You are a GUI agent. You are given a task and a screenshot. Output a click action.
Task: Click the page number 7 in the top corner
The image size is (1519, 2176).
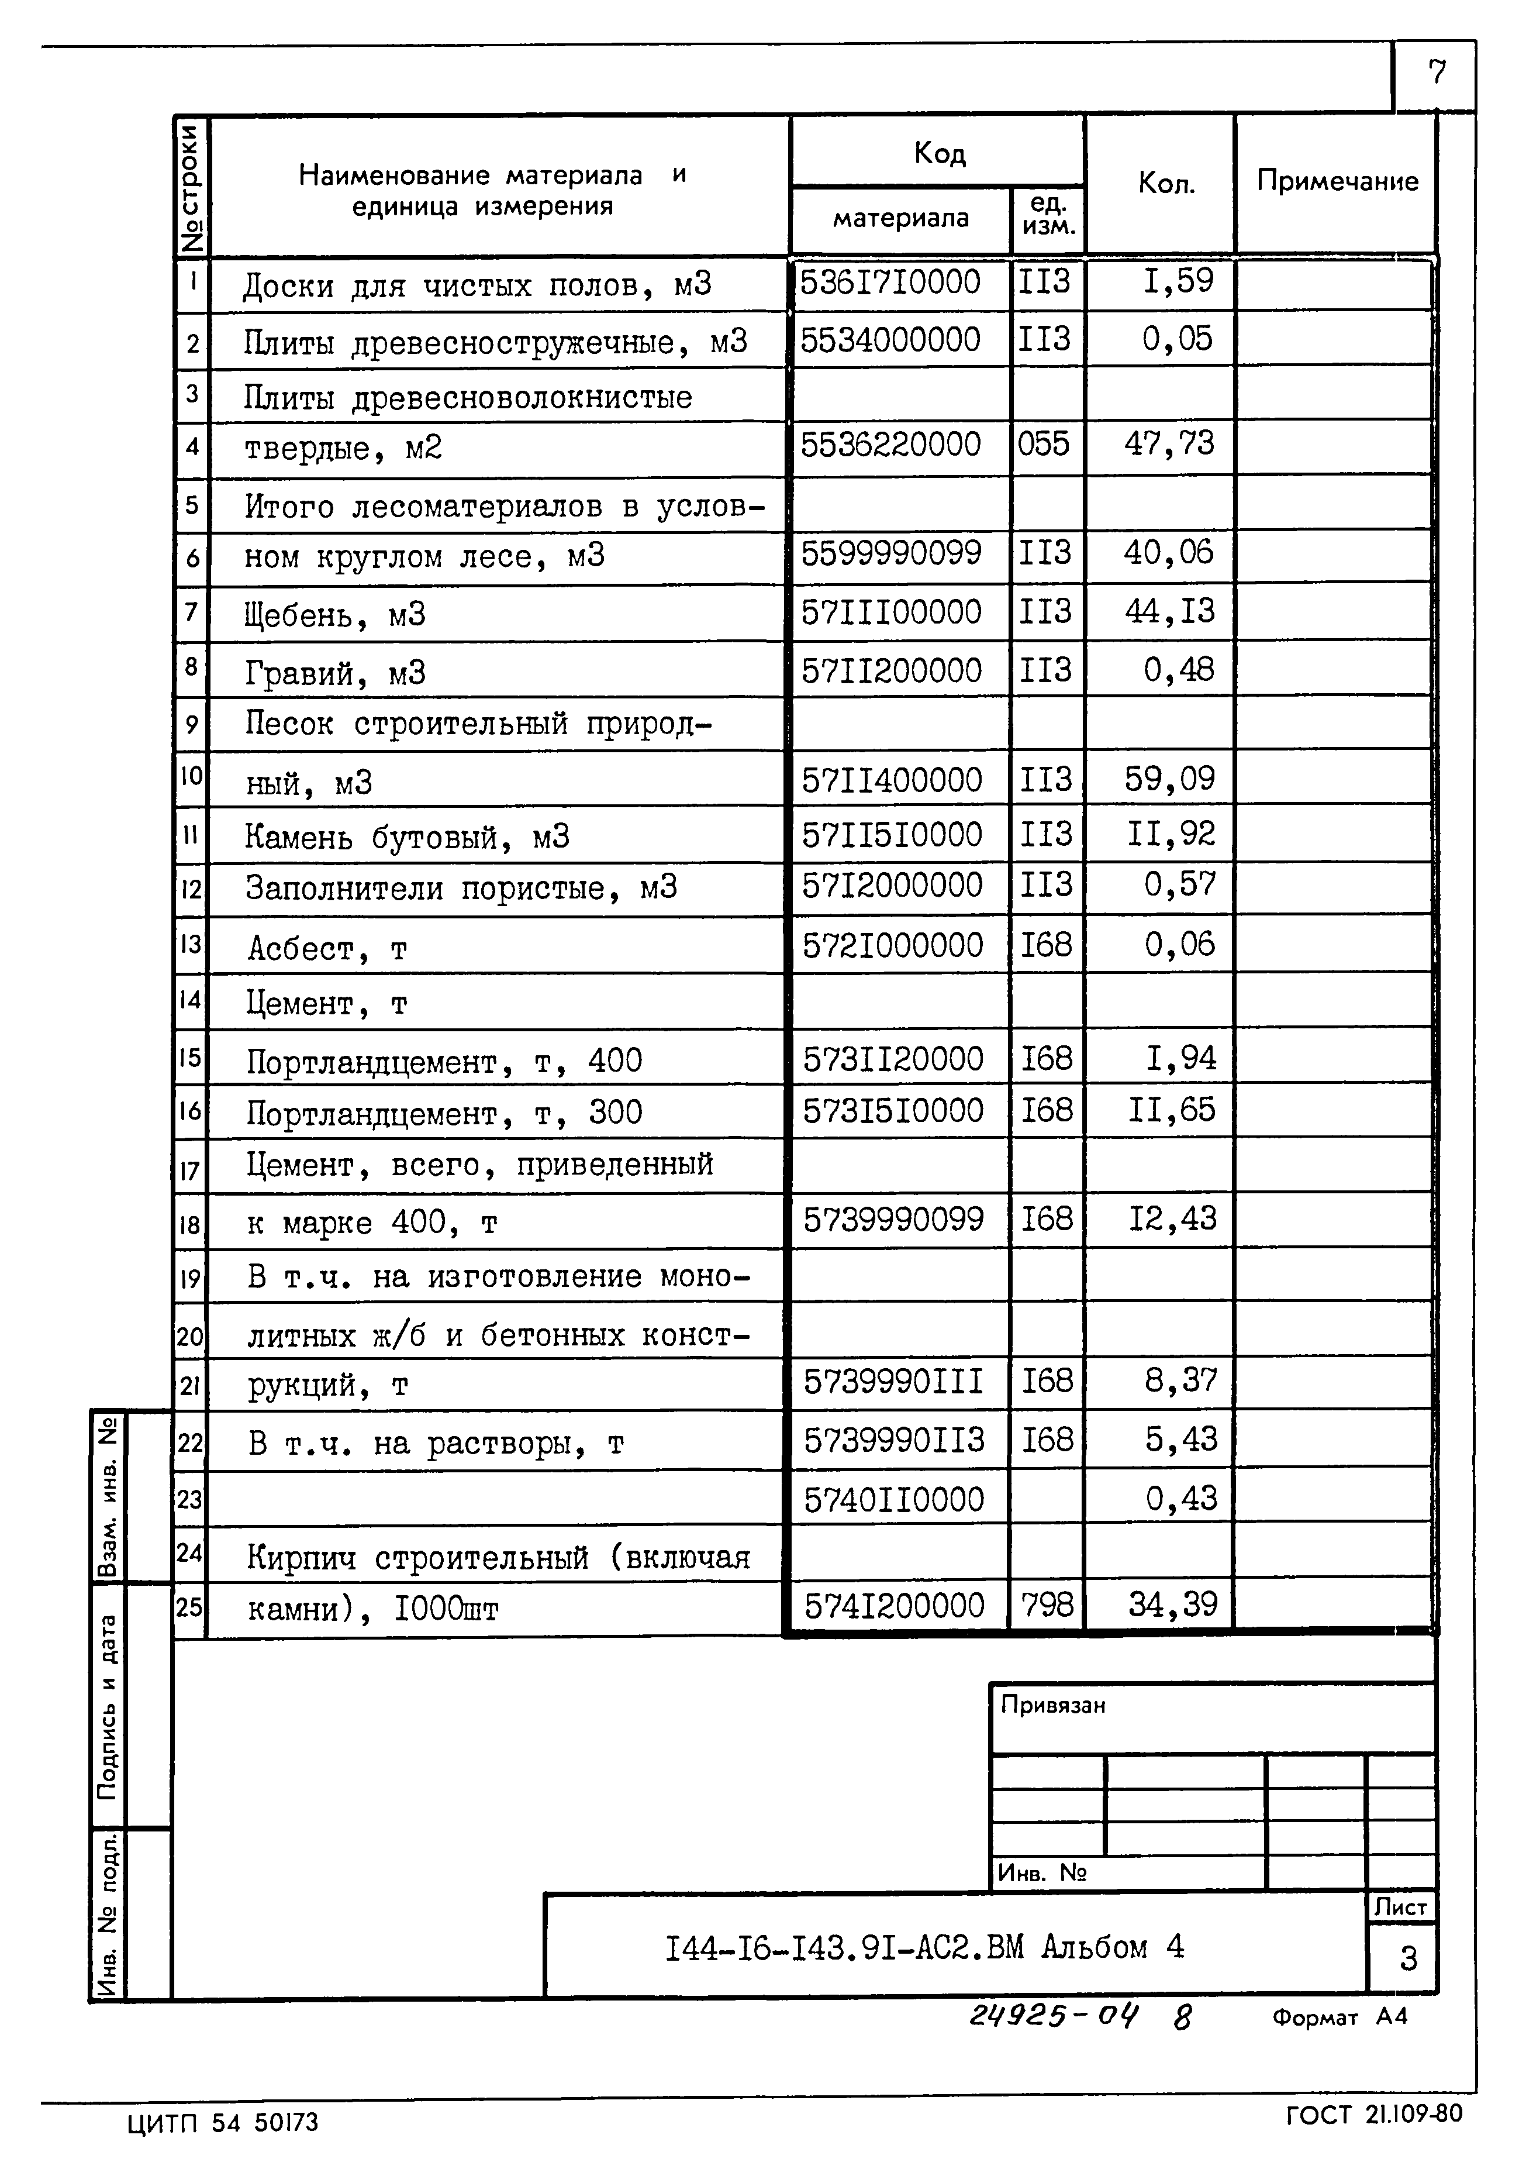click(x=1437, y=73)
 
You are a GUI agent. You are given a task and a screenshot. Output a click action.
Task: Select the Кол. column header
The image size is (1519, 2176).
click(x=1165, y=183)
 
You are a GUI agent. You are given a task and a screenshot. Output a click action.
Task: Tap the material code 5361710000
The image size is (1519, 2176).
click(x=890, y=283)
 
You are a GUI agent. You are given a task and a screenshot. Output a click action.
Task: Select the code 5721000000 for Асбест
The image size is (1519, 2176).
click(x=893, y=945)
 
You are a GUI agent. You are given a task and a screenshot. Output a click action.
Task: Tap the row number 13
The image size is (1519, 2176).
click(x=191, y=944)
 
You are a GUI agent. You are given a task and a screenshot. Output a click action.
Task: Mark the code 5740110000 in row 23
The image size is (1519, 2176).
click(x=893, y=1499)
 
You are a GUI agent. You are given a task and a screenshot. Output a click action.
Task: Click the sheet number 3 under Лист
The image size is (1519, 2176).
click(x=1407, y=1958)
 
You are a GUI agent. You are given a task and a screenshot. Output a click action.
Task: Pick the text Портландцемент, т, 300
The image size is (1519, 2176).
click(x=443, y=1113)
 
